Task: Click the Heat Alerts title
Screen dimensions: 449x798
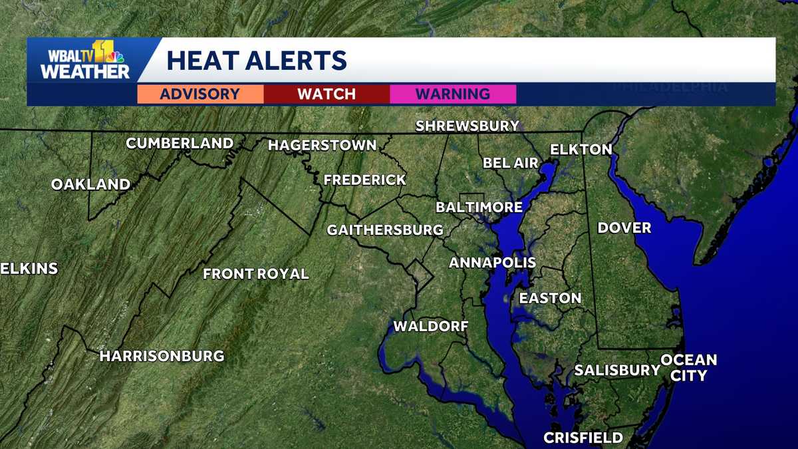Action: (x=257, y=60)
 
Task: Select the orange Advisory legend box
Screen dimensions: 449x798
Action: (x=200, y=94)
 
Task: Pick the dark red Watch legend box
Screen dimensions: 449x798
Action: (x=327, y=94)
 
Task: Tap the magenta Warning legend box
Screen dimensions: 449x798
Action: (x=453, y=94)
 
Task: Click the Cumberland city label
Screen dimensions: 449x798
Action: (x=180, y=143)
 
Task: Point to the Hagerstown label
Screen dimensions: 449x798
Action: (x=322, y=145)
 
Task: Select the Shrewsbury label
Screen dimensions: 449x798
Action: (x=467, y=126)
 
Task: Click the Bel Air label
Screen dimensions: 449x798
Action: (x=511, y=163)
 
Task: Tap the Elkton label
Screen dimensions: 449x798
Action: (x=581, y=149)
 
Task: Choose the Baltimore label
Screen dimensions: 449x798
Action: (x=479, y=208)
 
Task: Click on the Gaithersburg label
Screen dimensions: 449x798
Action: (x=385, y=230)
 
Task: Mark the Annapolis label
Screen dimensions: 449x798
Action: (x=492, y=263)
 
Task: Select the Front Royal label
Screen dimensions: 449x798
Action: (x=256, y=273)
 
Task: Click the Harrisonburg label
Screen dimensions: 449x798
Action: (x=162, y=356)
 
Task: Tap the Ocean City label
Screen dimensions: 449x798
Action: (x=689, y=368)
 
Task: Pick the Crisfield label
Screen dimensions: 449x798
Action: (x=583, y=438)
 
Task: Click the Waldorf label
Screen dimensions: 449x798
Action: (x=431, y=326)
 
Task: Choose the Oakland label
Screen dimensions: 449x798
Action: (x=90, y=184)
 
